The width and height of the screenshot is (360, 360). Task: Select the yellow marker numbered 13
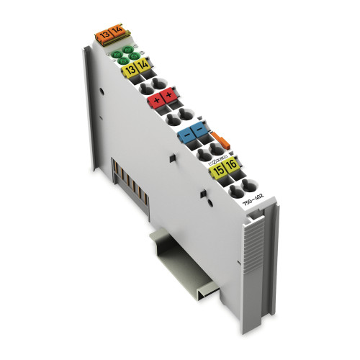(x=130, y=71)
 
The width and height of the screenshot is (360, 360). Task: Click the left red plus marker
(x=157, y=102)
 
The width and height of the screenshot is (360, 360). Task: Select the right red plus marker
(x=170, y=96)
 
